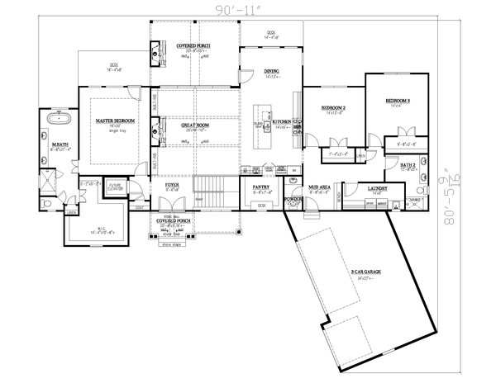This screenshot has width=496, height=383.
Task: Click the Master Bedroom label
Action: (x=115, y=121)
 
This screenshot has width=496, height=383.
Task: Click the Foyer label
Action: (x=171, y=186)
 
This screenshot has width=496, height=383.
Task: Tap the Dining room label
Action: (x=272, y=72)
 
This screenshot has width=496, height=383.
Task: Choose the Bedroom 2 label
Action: (x=333, y=108)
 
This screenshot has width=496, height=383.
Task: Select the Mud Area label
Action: (x=320, y=187)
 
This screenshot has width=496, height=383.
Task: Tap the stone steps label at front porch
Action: (x=172, y=245)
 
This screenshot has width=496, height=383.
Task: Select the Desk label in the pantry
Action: (x=261, y=205)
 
